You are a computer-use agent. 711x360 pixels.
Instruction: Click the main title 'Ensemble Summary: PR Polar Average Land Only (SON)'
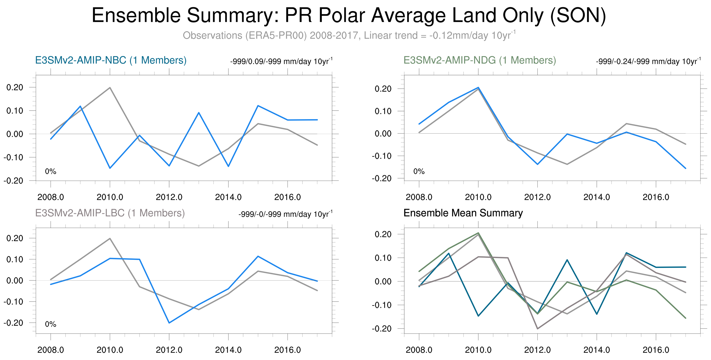(349, 15)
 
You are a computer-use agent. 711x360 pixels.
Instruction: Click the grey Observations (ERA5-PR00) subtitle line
(349, 36)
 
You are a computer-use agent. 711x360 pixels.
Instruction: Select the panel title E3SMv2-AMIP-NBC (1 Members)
(111, 60)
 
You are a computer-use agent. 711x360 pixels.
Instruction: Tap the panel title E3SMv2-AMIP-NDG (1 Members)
(479, 60)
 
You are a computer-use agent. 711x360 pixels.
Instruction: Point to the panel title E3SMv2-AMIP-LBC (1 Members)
(110, 213)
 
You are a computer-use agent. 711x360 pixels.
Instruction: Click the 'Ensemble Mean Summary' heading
(463, 213)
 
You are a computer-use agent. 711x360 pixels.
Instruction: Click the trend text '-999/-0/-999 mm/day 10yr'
(285, 214)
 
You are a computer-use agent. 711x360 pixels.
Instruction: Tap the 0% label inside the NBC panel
(50, 171)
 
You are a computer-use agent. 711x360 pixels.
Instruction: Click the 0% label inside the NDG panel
(419, 171)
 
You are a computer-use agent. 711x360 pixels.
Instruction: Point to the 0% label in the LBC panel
(50, 324)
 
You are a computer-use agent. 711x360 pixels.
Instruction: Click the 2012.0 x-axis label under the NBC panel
(169, 197)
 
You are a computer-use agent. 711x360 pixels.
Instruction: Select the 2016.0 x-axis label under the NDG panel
(656, 197)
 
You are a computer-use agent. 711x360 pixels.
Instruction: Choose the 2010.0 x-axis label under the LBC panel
(110, 350)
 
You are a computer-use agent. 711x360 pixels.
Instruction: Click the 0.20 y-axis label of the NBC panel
(15, 87)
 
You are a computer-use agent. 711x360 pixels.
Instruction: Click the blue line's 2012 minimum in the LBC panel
(169, 323)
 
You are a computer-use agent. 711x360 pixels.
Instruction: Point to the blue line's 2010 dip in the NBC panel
(110, 168)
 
